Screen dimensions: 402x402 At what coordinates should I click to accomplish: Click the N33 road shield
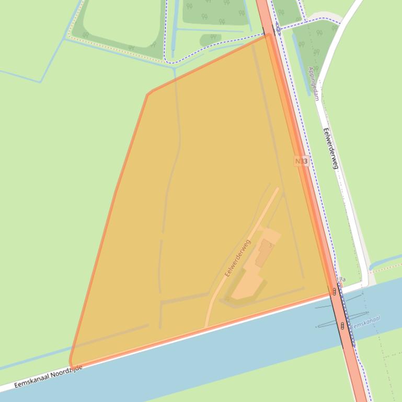(x=301, y=161)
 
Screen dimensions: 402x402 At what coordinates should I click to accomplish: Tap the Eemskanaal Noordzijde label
(x=48, y=376)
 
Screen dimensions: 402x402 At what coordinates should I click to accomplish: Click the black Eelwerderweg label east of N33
(x=330, y=148)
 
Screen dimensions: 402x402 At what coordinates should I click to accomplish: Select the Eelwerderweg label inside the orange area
(x=238, y=257)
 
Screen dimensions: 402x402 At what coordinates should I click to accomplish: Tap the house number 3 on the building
(x=270, y=245)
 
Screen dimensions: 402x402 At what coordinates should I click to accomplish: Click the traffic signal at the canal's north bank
(x=334, y=291)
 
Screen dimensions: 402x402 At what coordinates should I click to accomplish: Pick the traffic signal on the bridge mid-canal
(x=342, y=326)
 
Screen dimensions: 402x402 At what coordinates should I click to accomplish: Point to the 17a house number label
(x=341, y=280)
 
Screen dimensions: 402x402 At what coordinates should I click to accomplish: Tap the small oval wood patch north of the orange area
(x=210, y=39)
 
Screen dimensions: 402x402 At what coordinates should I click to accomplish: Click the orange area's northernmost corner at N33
(x=268, y=35)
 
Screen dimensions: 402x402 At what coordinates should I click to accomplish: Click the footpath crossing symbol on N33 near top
(x=278, y=29)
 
